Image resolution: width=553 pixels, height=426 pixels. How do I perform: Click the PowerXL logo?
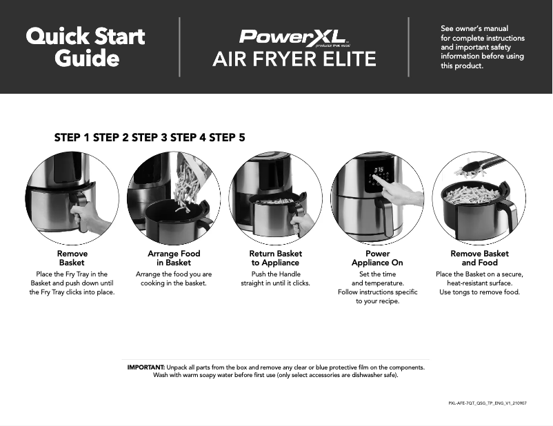293,36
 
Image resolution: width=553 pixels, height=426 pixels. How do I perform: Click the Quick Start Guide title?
86,47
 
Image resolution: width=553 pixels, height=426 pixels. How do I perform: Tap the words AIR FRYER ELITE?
294,59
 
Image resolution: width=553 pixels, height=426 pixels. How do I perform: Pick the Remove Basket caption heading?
72,258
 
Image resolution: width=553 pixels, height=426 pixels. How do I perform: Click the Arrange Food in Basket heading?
174,258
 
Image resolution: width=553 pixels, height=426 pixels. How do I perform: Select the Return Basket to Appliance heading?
275,258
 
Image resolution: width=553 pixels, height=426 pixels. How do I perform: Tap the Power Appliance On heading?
377,258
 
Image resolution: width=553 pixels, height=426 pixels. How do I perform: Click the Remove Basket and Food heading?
479,258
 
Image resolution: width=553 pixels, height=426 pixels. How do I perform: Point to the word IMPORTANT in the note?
145,367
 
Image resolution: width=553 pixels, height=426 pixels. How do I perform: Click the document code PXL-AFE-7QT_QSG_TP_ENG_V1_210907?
487,403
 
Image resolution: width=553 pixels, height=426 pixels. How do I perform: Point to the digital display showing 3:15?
379,170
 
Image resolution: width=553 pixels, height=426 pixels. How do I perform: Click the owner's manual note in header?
482,47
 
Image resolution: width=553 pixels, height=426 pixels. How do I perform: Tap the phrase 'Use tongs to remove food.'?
479,292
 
